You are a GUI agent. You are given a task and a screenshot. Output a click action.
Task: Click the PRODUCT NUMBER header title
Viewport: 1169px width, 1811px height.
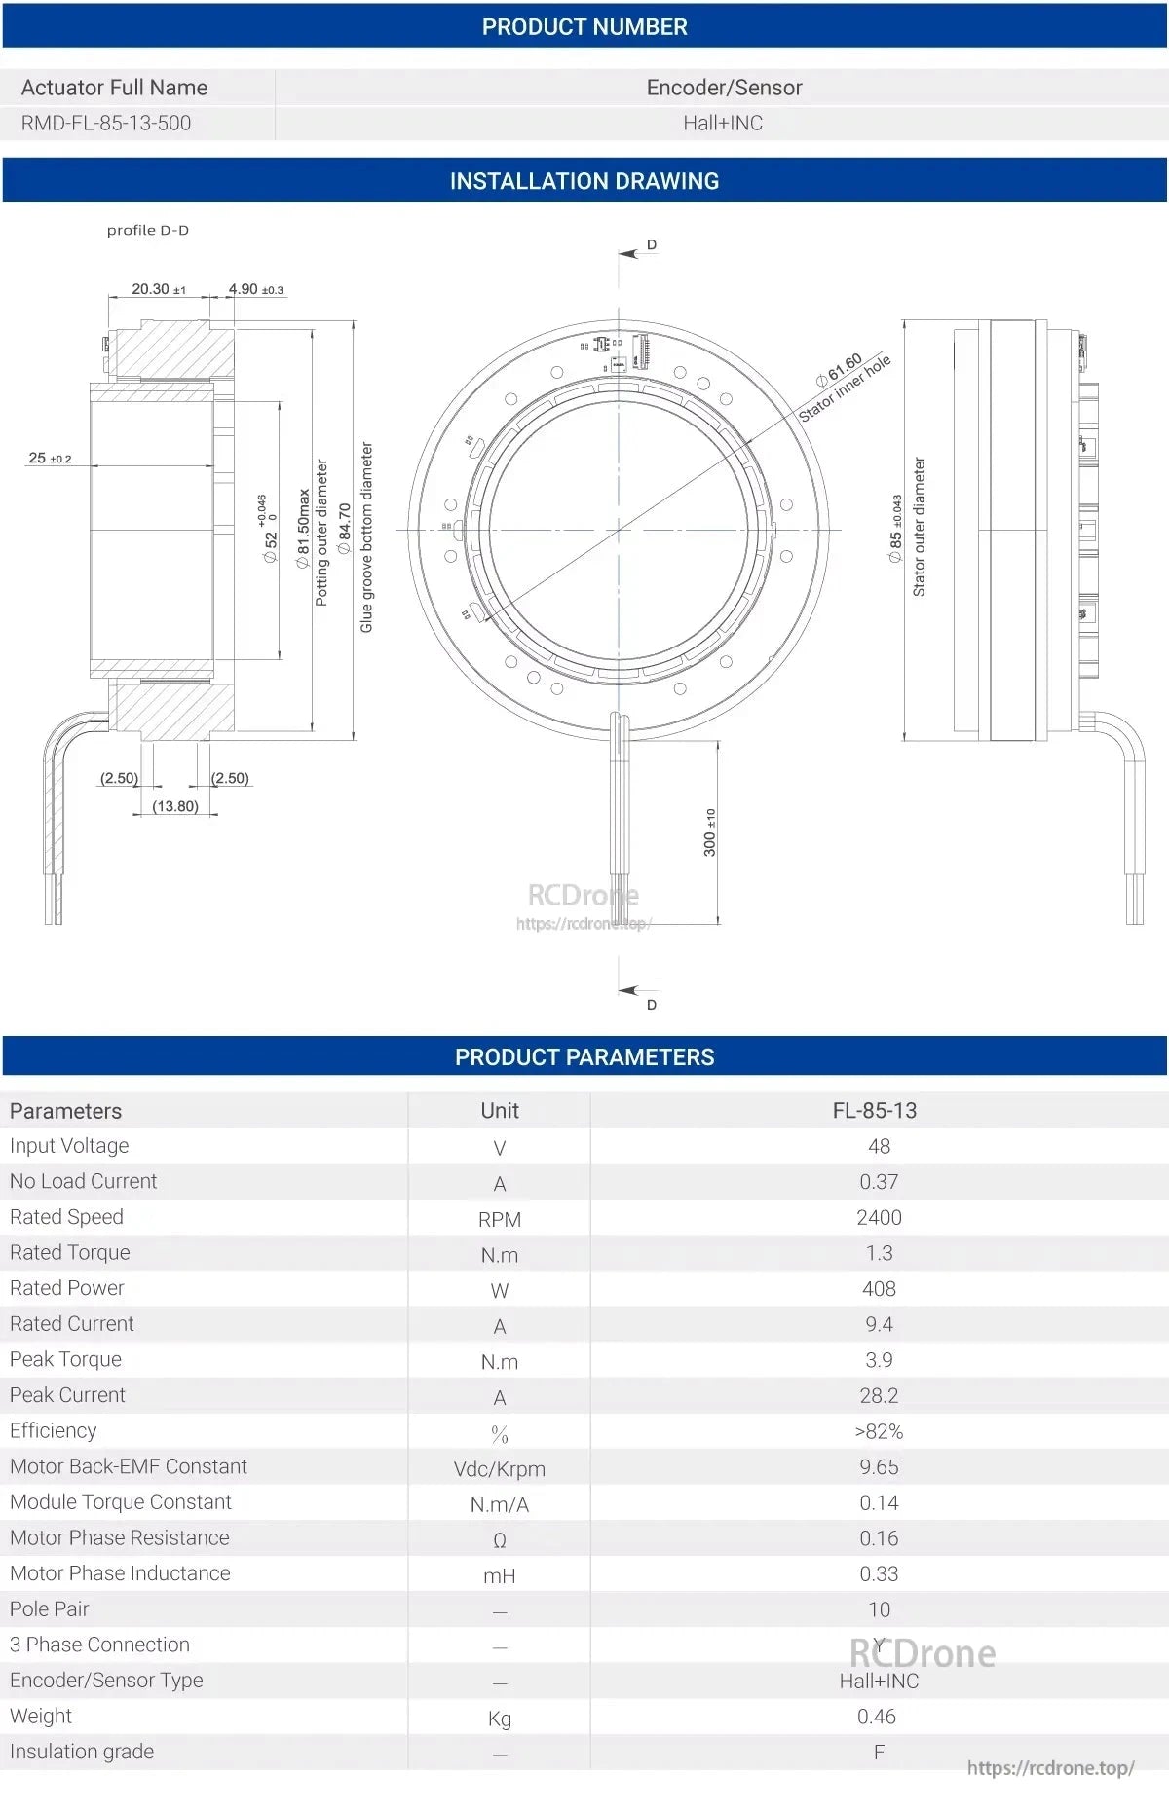[x=584, y=27]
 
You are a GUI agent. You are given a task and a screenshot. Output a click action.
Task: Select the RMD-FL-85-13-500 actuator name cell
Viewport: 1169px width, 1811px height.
[x=106, y=123]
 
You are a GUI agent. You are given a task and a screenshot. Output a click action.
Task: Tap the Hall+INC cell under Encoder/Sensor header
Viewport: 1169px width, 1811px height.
[x=722, y=123]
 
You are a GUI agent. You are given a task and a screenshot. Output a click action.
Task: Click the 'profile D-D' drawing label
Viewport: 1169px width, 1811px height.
[x=148, y=231]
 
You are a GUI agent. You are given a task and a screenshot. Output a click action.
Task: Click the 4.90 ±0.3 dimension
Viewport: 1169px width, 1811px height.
[x=255, y=289]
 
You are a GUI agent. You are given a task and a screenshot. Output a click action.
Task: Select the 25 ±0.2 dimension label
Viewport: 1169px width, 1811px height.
[x=50, y=458]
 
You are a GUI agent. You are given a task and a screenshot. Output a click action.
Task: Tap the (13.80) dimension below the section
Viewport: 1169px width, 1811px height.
[x=175, y=806]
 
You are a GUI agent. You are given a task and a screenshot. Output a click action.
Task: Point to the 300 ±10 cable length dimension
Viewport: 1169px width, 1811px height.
[x=710, y=832]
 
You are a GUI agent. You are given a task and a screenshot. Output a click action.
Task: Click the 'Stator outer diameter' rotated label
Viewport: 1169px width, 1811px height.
[x=919, y=527]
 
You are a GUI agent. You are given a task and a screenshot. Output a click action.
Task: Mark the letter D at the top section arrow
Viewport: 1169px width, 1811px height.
[x=652, y=244]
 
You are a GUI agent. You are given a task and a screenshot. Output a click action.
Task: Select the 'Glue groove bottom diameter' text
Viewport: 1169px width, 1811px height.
[x=367, y=537]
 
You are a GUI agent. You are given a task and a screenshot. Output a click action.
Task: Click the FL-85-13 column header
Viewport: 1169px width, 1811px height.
[x=874, y=1110]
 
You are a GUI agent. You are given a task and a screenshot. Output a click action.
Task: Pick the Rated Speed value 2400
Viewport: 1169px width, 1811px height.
[x=879, y=1217]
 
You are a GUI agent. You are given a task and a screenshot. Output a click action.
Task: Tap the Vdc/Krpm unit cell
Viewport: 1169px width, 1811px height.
[x=499, y=1468]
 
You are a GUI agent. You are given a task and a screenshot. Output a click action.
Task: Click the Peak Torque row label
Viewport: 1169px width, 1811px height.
[x=66, y=1359]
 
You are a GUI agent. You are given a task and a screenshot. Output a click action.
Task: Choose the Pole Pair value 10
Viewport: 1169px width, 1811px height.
[x=879, y=1609]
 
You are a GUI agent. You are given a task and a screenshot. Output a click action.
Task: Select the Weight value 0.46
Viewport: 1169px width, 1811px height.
[x=876, y=1717]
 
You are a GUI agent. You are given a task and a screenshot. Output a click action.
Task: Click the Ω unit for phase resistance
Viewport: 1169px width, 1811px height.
[x=499, y=1540]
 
